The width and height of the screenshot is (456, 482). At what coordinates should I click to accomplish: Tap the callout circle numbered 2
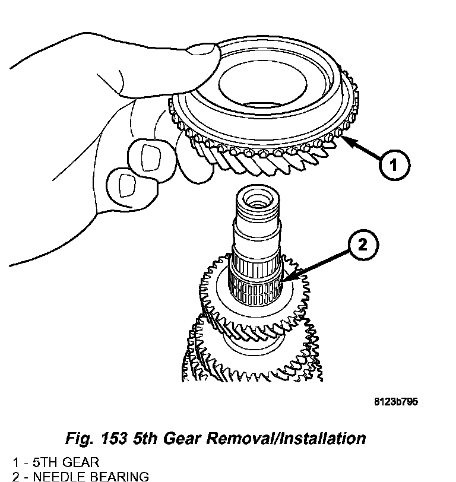coord(363,244)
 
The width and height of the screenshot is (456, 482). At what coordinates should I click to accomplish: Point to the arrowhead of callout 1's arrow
coord(345,139)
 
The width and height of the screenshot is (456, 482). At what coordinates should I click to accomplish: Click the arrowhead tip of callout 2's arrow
coord(284,281)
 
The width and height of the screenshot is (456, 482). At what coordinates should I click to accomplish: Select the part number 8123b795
coord(395,402)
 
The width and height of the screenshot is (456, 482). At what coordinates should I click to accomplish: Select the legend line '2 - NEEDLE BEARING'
coord(80,475)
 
